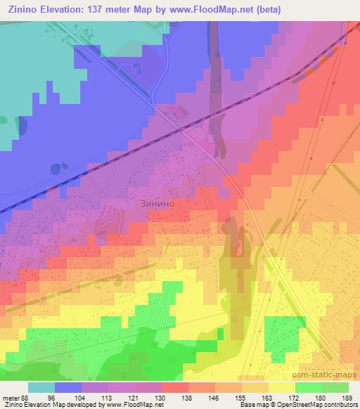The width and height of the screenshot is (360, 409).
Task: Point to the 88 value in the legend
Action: [27, 397]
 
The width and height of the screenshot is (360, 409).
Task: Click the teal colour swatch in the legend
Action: [41, 387]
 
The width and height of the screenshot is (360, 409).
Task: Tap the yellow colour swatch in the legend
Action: [282, 387]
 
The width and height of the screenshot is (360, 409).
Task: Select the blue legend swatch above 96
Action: [68, 387]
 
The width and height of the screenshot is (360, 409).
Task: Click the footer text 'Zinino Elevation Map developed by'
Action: [53, 405]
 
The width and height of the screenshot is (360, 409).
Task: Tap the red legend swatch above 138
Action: [175, 387]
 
